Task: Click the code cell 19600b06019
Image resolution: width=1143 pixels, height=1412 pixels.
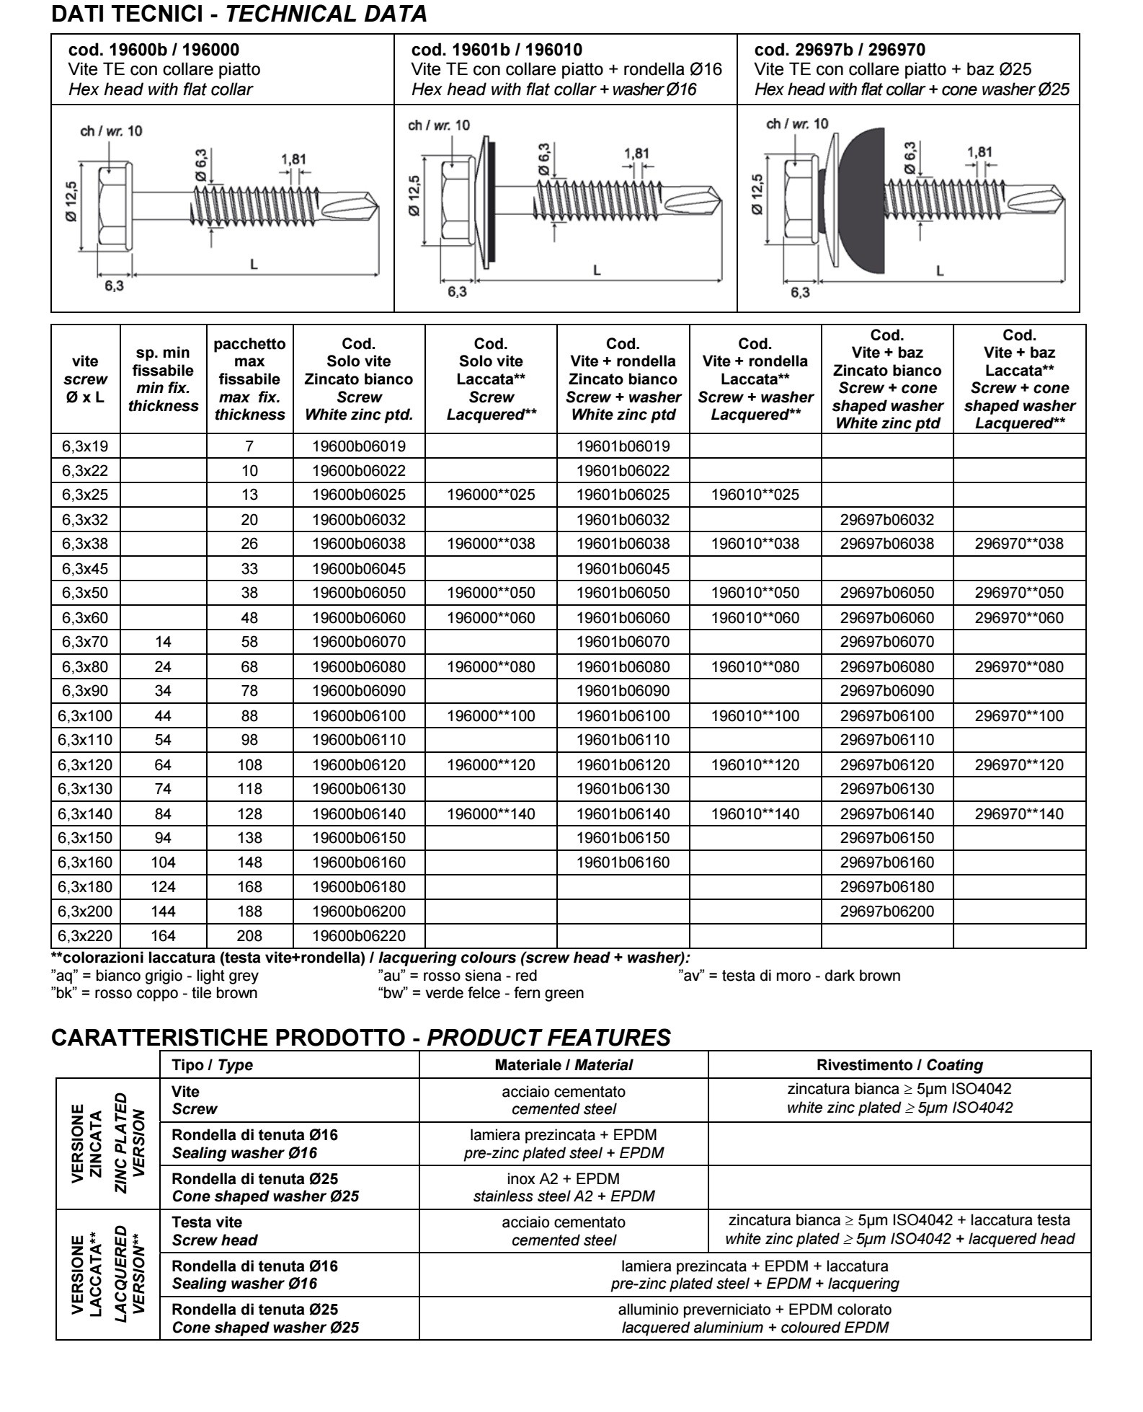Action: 359,446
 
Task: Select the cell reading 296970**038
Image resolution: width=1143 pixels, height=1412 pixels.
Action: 1019,544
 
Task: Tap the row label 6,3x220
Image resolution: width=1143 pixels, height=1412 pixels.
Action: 85,936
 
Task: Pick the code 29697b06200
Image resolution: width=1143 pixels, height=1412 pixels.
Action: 886,912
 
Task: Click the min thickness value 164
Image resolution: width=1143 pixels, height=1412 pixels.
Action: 163,936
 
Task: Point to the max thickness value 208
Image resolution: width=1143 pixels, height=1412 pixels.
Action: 249,936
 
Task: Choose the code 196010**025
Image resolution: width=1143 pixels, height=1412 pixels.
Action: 755,495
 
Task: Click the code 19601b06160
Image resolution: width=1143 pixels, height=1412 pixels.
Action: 623,862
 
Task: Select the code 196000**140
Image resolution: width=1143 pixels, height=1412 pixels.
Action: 491,814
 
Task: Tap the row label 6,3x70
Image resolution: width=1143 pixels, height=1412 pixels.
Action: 85,642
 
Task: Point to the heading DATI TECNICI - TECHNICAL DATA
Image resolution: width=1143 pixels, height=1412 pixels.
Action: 239,14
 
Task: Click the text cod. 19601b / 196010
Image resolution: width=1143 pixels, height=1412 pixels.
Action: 497,50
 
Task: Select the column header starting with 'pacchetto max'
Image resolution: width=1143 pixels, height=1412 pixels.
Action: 249,379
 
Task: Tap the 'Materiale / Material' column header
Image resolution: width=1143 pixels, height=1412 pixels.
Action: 563,1065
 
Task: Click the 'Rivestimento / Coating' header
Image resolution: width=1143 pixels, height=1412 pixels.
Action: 899,1065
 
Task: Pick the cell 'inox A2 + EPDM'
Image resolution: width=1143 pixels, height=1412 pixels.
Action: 563,1178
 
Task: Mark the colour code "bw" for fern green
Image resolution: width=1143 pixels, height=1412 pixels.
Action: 480,993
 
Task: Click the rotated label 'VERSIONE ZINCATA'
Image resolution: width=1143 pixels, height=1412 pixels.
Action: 86,1144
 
